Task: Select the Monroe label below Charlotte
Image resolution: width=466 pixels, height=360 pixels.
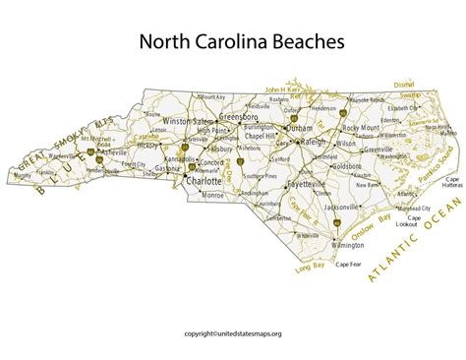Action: pos(213,197)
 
